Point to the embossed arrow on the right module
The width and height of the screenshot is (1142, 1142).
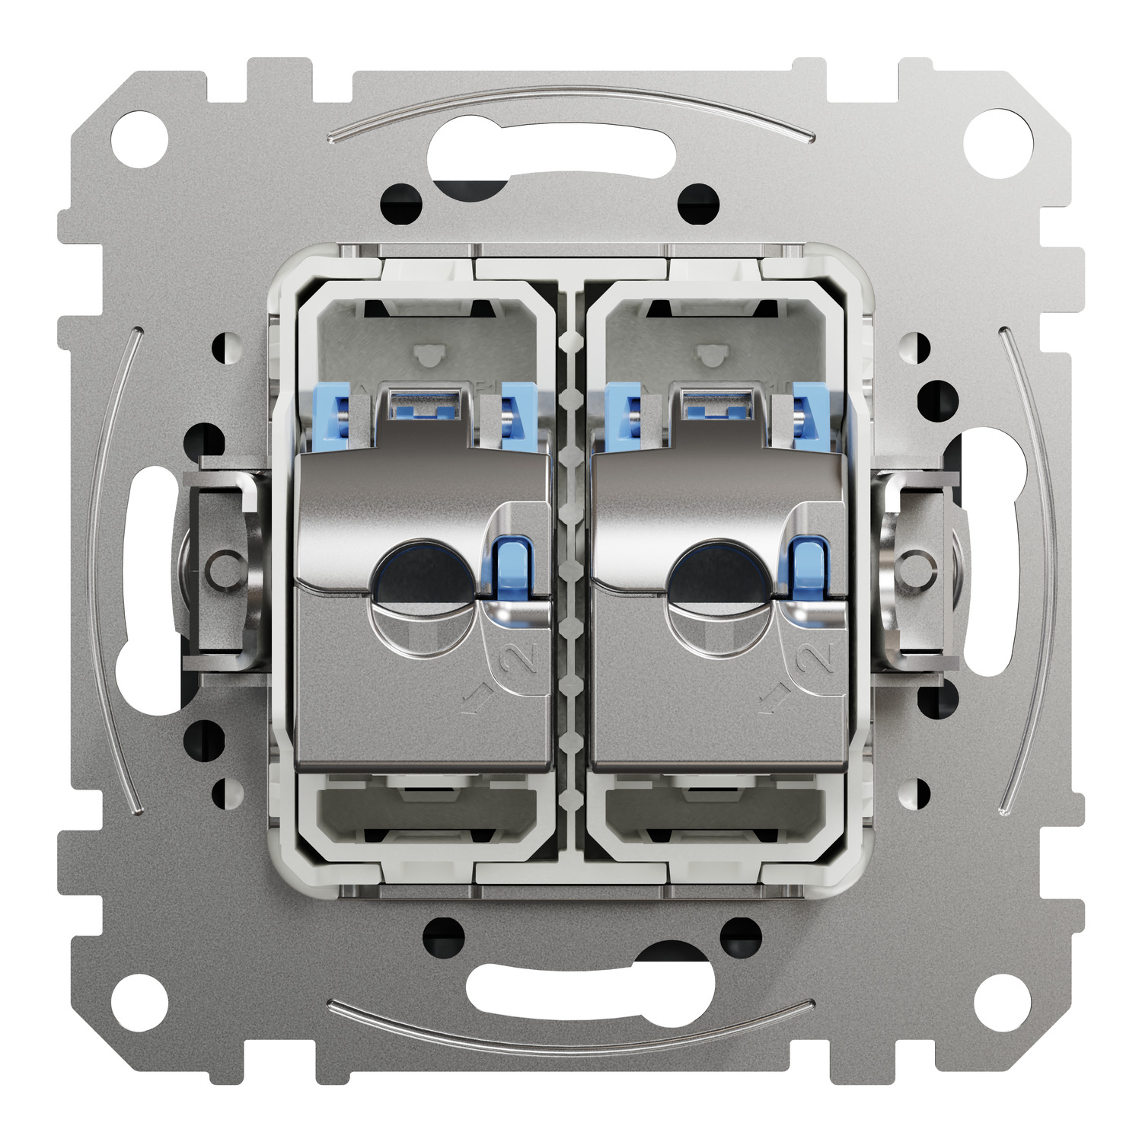point(773,697)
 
